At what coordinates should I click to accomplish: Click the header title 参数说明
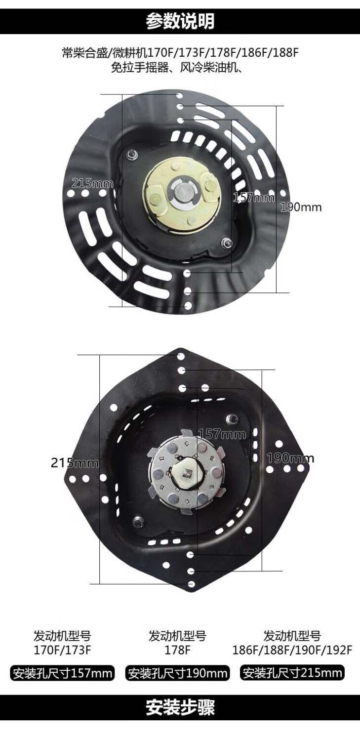coord(180,21)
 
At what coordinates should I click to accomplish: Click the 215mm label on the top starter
coord(92,183)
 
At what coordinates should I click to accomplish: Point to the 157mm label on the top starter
coord(254,198)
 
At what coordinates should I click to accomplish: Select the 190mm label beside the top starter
coord(301,207)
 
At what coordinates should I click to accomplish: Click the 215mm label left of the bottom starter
coord(75,462)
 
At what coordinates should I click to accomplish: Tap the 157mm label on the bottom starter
coord(222,434)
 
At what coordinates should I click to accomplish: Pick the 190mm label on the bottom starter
coord(290,458)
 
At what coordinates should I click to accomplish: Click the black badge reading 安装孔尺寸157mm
coord(62,673)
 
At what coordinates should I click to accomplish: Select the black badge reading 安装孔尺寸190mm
coord(177,673)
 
